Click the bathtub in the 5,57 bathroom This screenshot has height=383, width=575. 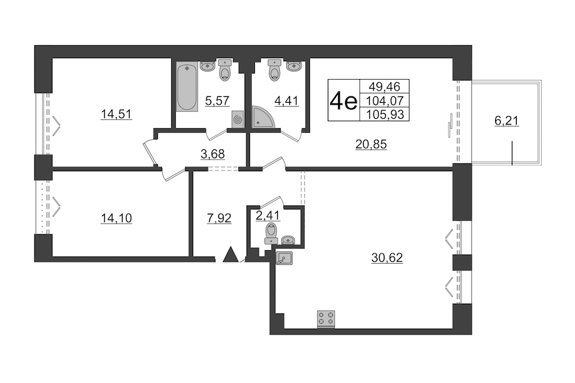[187, 87]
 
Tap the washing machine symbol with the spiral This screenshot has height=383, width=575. [238, 119]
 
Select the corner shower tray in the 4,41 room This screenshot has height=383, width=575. [262, 117]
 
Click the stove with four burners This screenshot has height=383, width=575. [326, 319]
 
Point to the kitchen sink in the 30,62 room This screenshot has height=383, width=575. [284, 258]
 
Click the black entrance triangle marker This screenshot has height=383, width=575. [231, 255]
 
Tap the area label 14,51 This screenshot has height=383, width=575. [116, 114]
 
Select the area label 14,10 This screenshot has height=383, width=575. [116, 218]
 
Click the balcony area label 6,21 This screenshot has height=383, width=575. [507, 121]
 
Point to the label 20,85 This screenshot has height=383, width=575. [371, 144]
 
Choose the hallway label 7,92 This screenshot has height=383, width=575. [219, 218]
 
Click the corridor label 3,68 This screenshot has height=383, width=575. [213, 154]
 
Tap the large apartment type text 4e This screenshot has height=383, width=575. [343, 101]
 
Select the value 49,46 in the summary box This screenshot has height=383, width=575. [385, 87]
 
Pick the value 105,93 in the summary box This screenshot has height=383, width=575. [385, 114]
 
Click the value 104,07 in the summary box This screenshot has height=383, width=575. [385, 100]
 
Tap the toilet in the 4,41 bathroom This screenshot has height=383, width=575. [275, 70]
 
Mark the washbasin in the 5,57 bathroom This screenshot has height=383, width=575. [208, 66]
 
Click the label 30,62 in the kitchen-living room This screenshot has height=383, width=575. [387, 258]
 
